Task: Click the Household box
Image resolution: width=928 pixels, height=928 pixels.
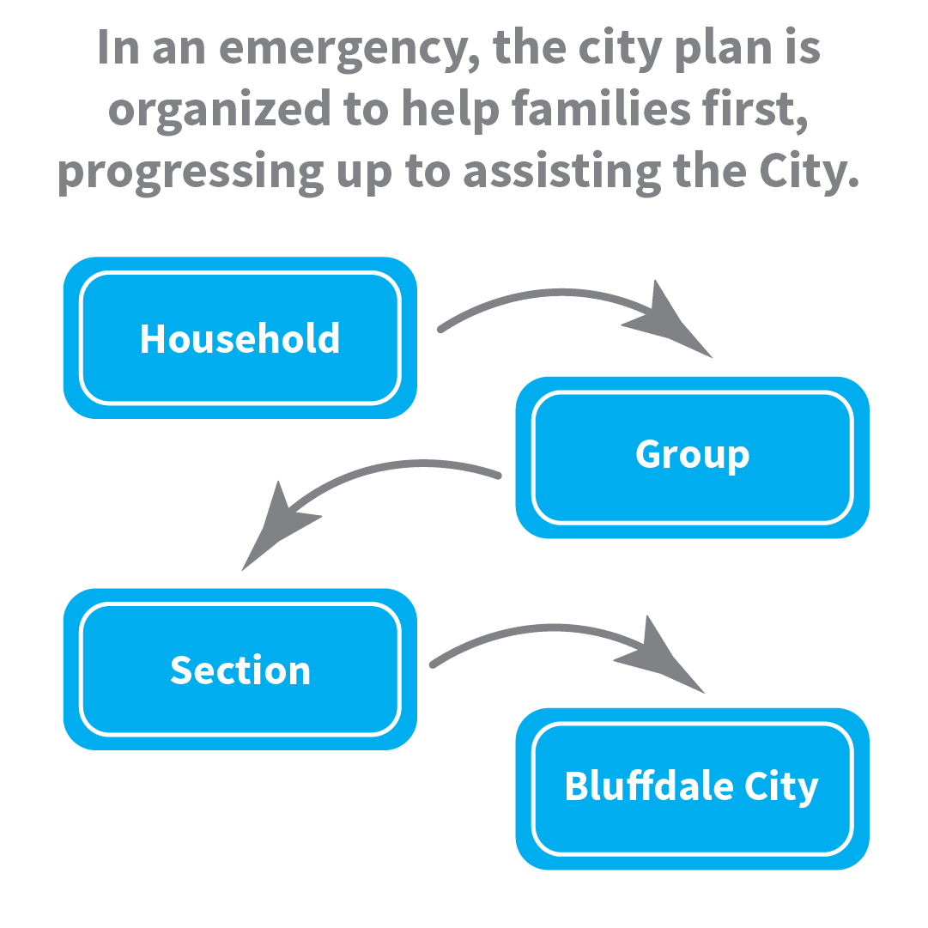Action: [240, 338]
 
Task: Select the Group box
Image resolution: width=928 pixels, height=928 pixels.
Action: [692, 457]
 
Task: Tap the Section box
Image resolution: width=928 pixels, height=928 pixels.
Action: [240, 670]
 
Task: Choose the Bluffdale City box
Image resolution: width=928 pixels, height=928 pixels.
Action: [692, 788]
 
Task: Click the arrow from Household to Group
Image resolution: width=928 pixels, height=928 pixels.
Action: [549, 297]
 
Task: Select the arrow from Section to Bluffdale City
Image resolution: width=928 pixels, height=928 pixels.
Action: [541, 631]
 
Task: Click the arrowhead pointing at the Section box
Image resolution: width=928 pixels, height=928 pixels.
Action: [279, 525]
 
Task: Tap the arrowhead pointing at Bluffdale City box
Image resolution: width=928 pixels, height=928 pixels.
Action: [660, 657]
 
